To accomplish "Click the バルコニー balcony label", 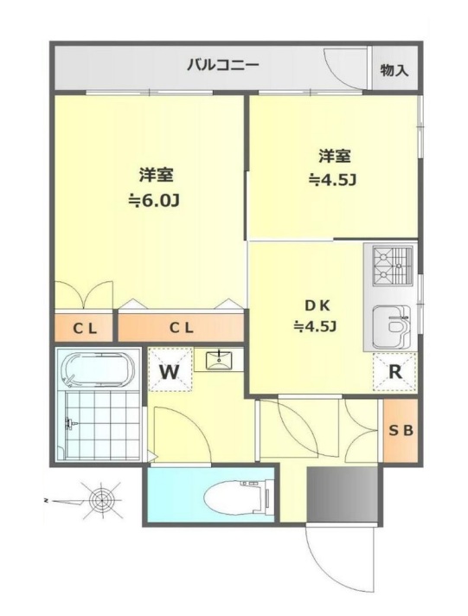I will [222, 65].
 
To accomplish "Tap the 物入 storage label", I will [394, 70].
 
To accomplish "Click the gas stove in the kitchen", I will [391, 265].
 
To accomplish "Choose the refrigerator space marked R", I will [394, 373].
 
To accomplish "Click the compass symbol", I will [101, 500].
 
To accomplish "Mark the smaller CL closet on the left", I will [84, 328].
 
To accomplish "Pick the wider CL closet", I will [180, 328].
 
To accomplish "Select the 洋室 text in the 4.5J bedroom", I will [334, 156].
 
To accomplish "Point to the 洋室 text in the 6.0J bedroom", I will [157, 174].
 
